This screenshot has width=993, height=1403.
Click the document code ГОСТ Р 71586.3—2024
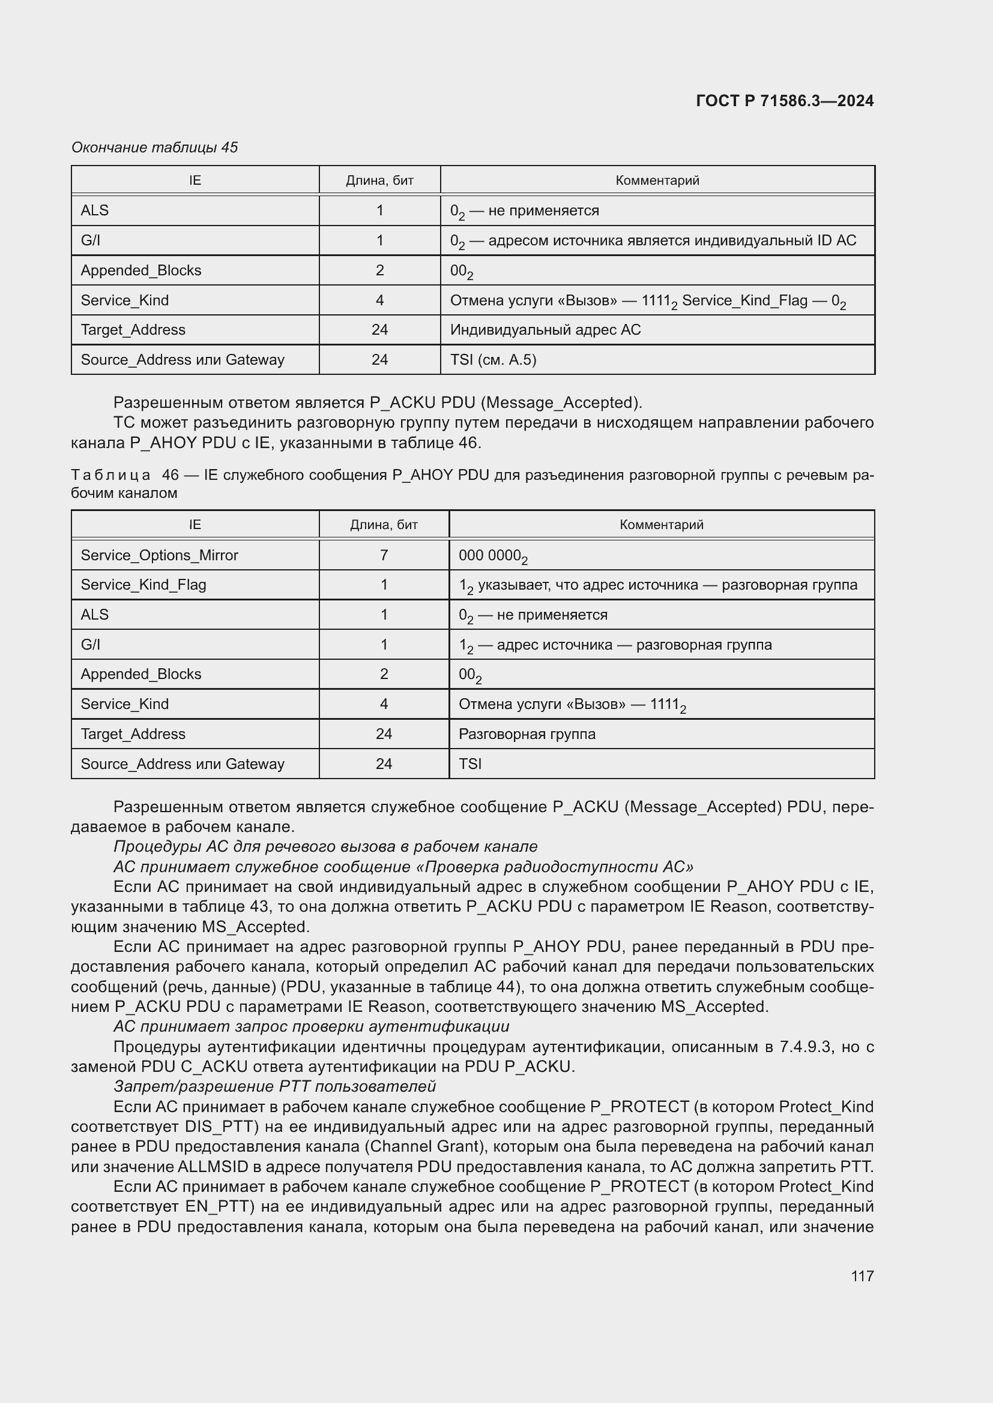point(785,101)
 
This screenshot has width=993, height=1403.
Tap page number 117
point(862,1276)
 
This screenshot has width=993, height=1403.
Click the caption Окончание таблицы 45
point(154,148)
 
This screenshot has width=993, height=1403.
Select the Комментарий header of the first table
point(657,181)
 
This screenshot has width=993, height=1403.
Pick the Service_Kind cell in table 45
point(125,300)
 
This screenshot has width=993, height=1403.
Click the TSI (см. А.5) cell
point(493,359)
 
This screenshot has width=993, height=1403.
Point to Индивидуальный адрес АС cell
point(545,330)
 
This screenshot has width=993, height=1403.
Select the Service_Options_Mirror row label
point(159,555)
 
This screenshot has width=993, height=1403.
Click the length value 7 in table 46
point(384,555)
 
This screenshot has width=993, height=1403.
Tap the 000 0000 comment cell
point(493,556)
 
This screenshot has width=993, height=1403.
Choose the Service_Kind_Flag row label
point(143,585)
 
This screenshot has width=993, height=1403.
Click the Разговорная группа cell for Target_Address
point(527,734)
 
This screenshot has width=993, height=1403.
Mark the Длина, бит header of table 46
point(384,524)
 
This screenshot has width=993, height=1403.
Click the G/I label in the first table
point(91,240)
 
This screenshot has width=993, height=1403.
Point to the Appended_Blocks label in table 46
point(140,674)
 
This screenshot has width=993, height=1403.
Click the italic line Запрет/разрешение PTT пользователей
point(274,1086)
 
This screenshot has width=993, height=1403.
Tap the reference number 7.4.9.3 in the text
point(805,1047)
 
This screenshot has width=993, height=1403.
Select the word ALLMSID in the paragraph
point(213,1167)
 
